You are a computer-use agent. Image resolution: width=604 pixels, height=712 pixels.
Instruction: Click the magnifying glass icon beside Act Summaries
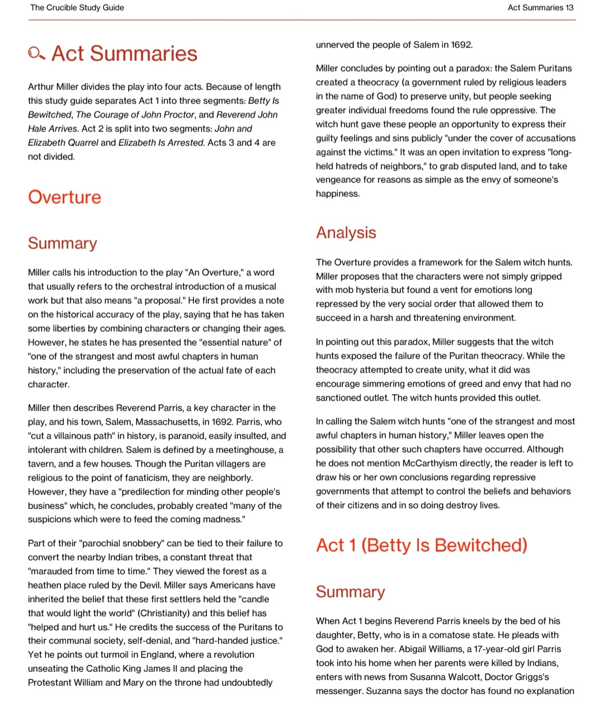tap(36, 54)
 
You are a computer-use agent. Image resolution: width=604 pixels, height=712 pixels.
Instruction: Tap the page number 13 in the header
tap(569, 8)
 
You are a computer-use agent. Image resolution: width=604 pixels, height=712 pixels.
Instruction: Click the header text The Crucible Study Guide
tap(77, 8)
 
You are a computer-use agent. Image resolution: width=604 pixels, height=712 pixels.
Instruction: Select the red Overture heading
tap(65, 197)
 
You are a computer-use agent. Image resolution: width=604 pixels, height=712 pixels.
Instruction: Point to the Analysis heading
tap(346, 233)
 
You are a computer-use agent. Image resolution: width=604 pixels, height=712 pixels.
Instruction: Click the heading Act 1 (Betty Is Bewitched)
tap(422, 545)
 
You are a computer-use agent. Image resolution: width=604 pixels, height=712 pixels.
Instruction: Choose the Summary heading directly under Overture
tap(63, 243)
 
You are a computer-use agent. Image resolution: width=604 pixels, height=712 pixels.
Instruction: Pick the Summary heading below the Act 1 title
tap(351, 592)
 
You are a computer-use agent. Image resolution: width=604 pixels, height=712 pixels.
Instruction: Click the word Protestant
tap(50, 682)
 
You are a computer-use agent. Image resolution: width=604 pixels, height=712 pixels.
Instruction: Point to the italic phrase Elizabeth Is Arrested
tap(162, 143)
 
